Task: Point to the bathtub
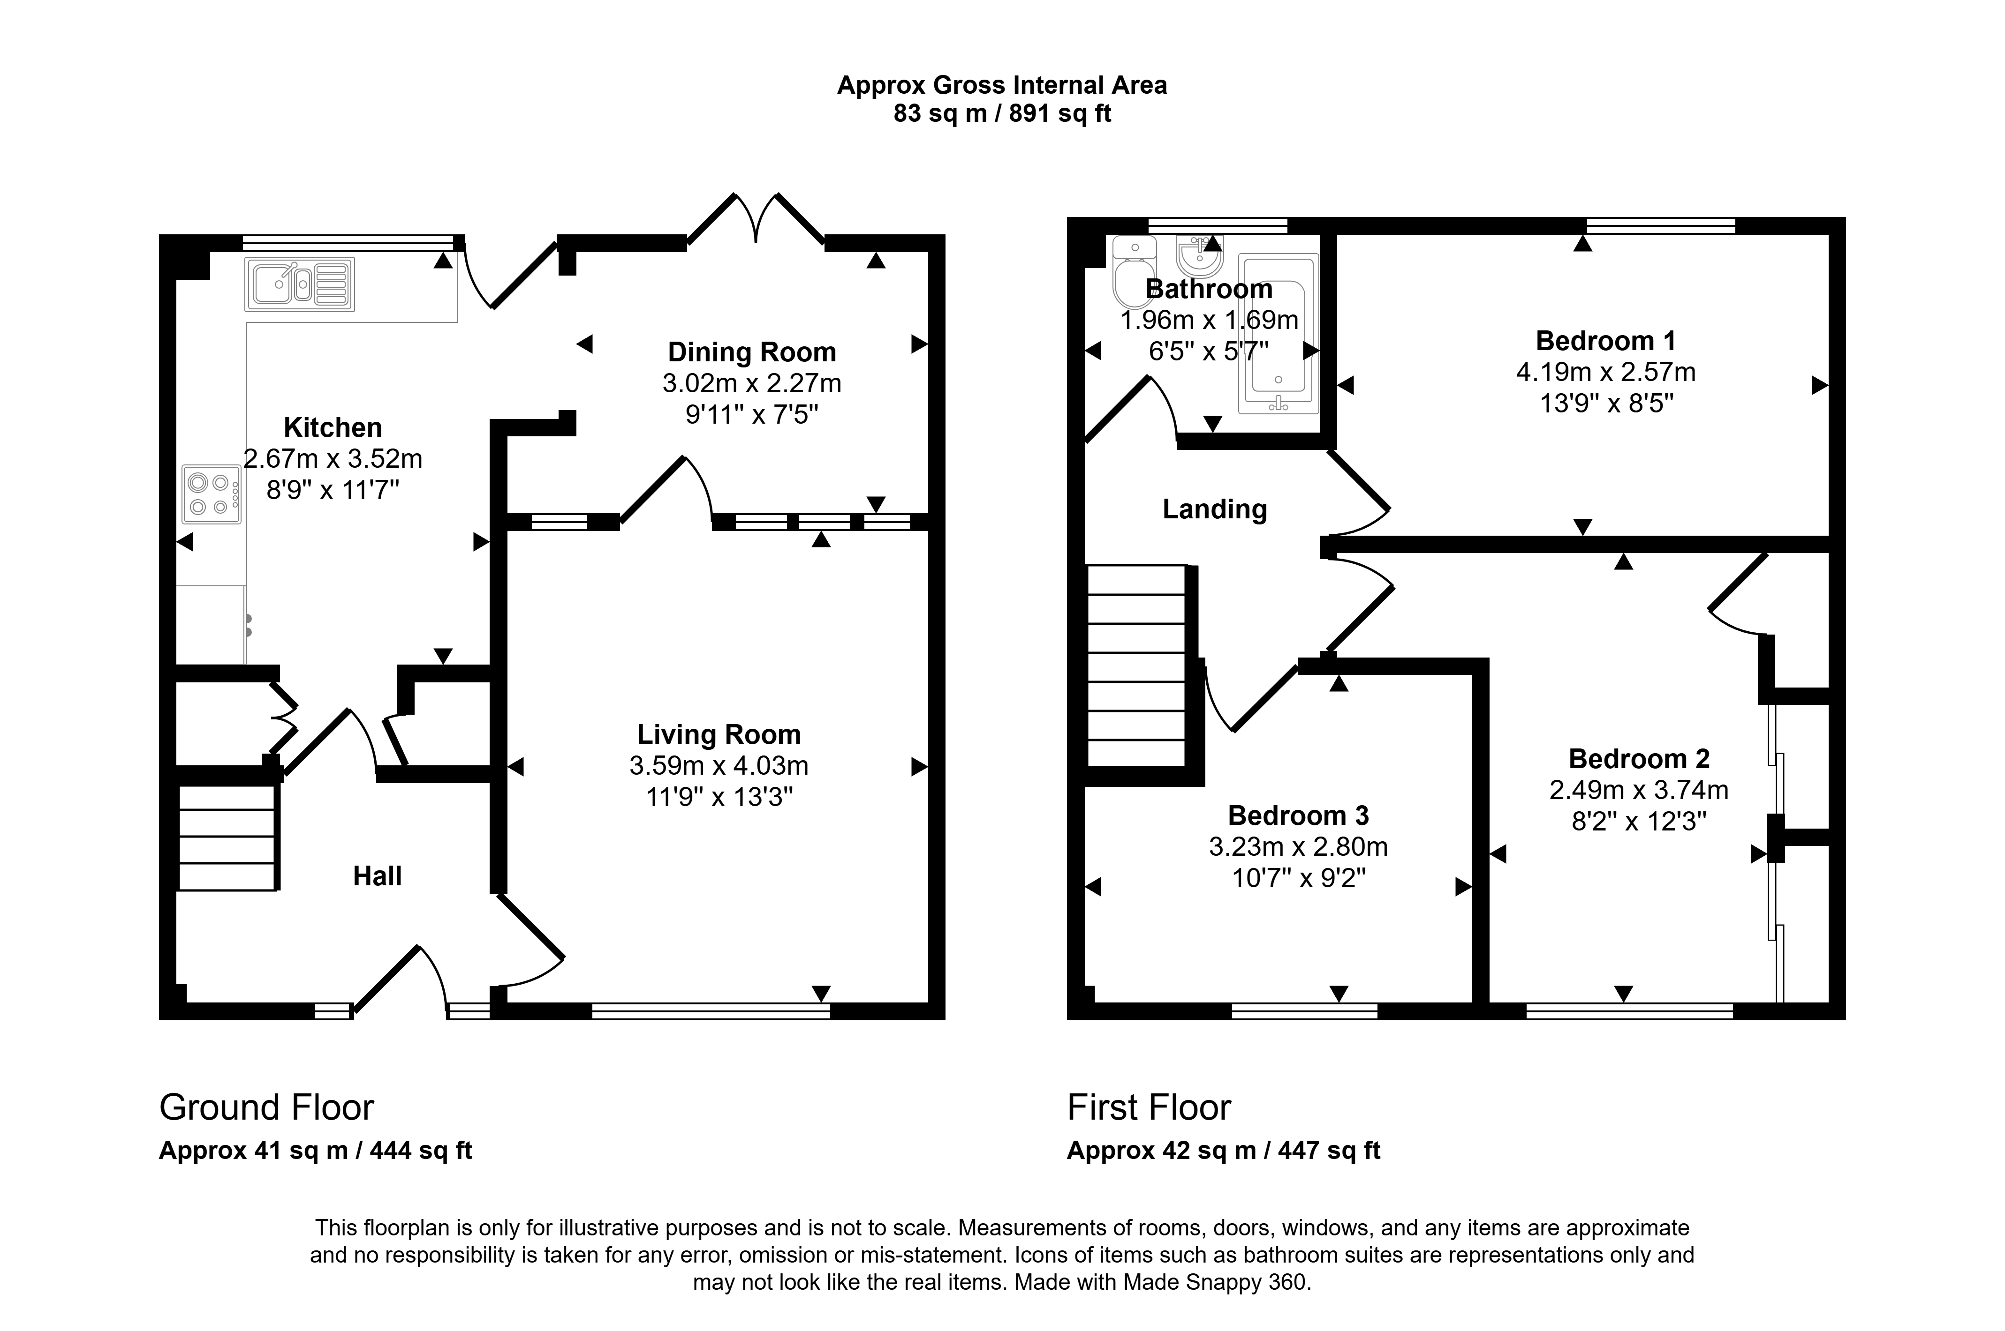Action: pyautogui.click(x=1278, y=334)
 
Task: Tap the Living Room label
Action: pyautogui.click(x=719, y=734)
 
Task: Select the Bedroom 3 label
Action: pyautogui.click(x=1299, y=816)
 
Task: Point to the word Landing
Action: pyautogui.click(x=1214, y=509)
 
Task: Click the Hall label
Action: pyautogui.click(x=377, y=876)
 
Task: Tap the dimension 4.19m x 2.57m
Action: pyautogui.click(x=1606, y=372)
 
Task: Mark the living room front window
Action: pyautogui.click(x=711, y=1011)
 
